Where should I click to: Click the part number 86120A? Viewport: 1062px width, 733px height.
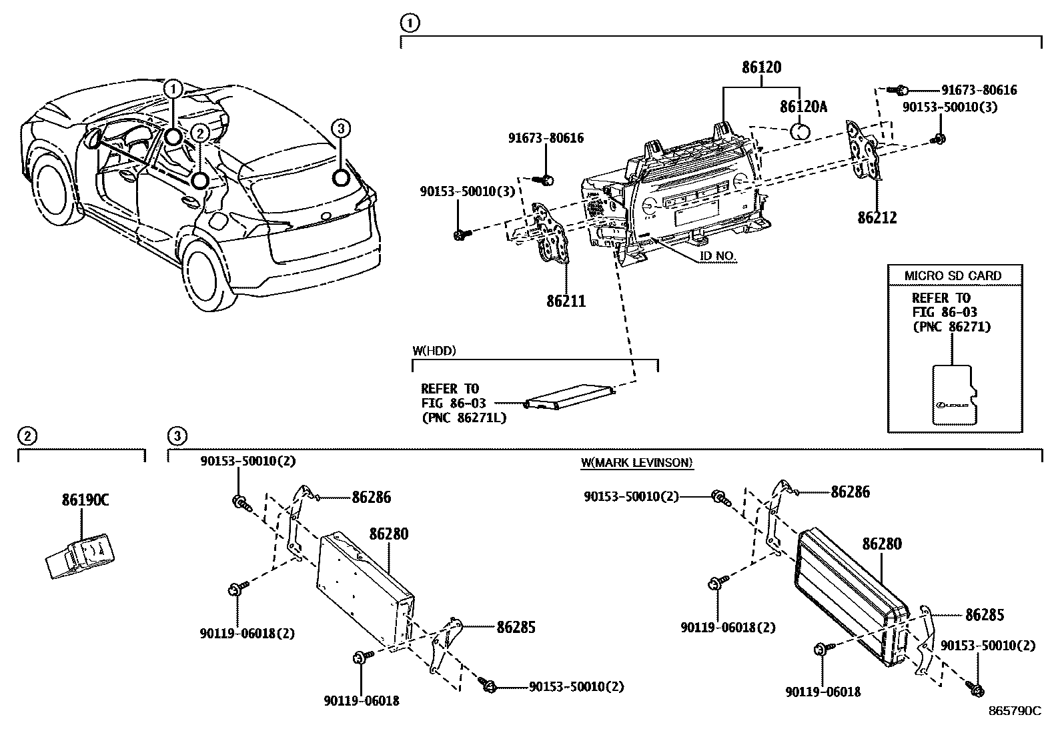click(803, 107)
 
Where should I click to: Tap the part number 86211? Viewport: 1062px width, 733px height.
click(566, 301)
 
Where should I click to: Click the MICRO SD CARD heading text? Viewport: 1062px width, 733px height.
click(952, 275)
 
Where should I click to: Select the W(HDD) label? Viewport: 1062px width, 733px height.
click(434, 350)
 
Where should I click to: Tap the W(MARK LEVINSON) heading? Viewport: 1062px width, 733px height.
click(636, 462)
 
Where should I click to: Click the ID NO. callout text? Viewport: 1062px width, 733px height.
click(718, 257)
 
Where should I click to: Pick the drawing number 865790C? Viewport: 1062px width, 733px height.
click(1014, 711)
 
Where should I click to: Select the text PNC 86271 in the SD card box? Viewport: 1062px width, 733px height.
click(951, 327)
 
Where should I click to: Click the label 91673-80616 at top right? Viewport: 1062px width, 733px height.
click(979, 90)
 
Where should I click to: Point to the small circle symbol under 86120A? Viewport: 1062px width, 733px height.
click(801, 130)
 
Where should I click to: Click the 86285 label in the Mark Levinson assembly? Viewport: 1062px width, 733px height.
click(984, 614)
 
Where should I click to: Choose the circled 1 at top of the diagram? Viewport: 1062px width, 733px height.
click(409, 24)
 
